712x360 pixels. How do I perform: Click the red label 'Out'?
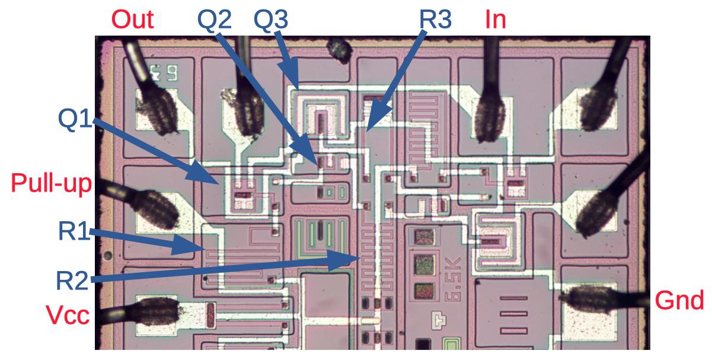point(133,19)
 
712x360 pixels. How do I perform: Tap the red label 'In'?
point(496,19)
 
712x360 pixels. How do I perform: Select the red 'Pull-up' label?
point(52,184)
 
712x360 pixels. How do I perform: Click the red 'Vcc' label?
point(69,315)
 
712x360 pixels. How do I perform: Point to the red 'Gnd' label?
point(679,301)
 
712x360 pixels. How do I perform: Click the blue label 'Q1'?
point(76,119)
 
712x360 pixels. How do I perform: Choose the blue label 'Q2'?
point(214,20)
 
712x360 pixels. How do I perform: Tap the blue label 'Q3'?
point(271,20)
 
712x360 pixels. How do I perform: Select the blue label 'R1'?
point(74,231)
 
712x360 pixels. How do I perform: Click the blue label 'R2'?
point(72,279)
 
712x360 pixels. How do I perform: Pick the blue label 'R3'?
point(436,20)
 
